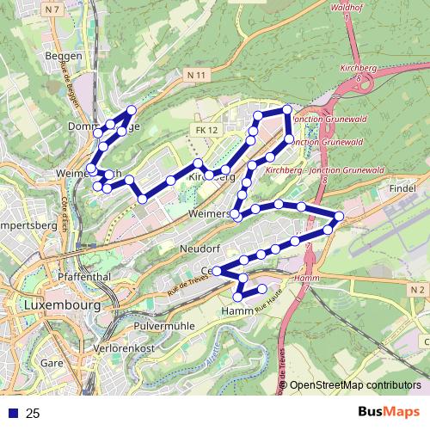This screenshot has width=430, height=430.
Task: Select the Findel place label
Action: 402,187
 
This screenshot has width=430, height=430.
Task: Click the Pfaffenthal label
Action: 79,278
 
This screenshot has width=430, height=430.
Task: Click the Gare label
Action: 52,363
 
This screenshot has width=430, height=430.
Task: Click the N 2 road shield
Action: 417,291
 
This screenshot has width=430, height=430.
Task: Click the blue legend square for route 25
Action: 12,414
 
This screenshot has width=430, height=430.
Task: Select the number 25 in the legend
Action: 33,414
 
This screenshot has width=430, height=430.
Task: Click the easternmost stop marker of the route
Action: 339,216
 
